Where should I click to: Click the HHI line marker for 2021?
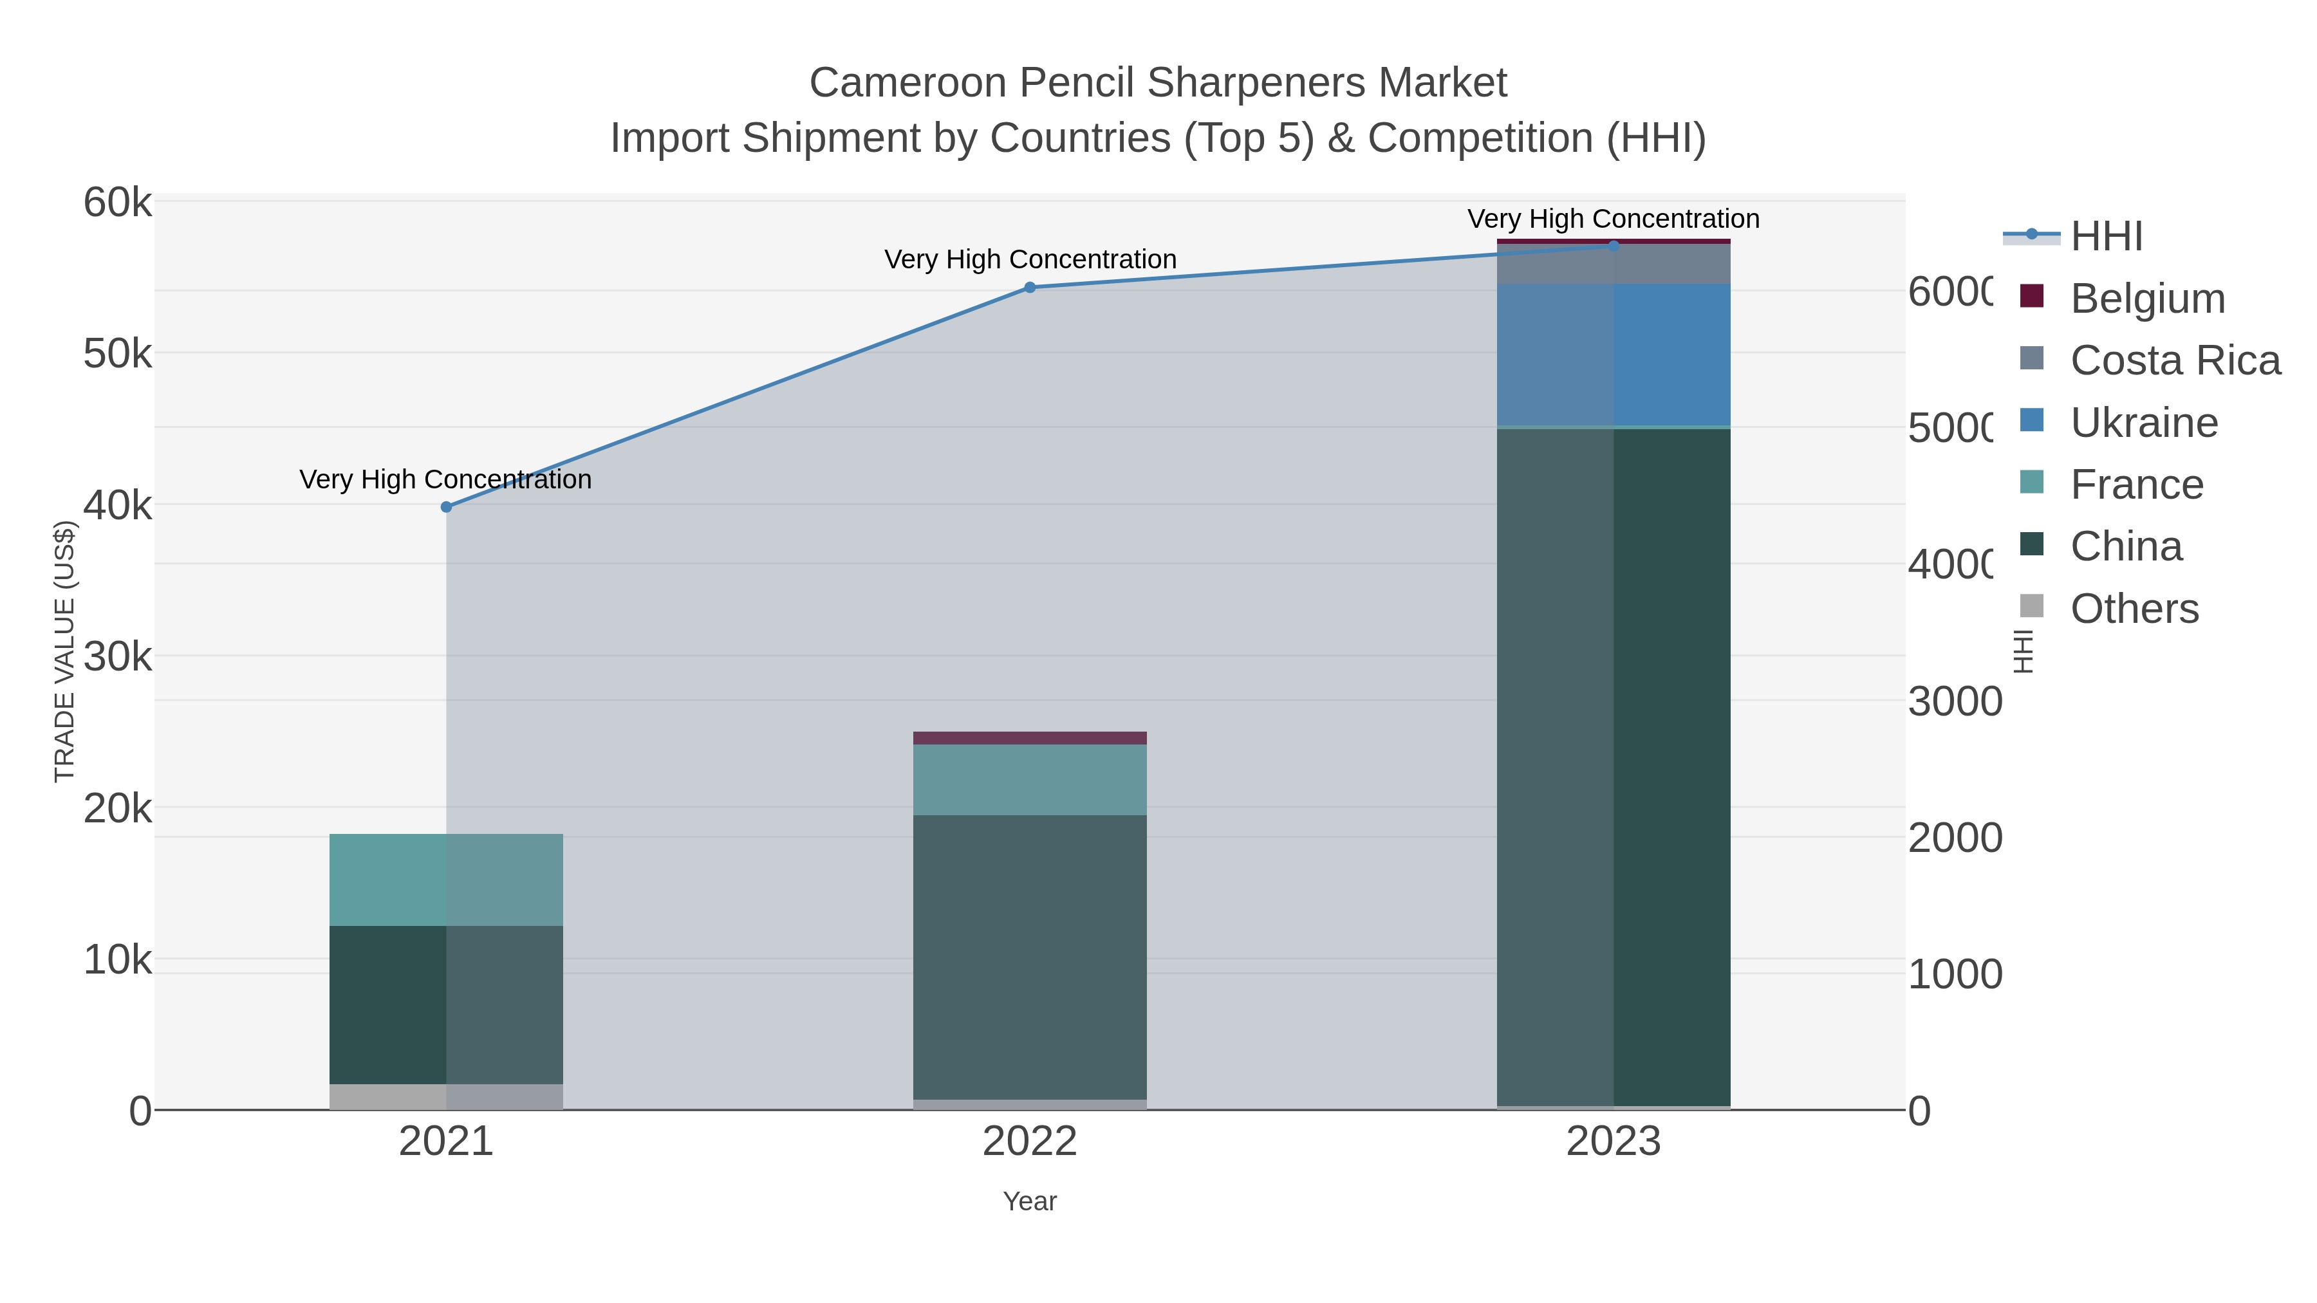446,507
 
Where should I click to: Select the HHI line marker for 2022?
1030,288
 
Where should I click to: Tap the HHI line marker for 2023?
1614,246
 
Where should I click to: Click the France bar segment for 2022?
1030,780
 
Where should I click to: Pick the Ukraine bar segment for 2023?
1614,355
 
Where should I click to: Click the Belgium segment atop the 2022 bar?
1030,738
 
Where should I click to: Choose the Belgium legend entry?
2147,299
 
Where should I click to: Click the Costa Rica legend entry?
2175,360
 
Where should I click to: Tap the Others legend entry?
2134,609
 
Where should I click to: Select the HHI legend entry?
2106,237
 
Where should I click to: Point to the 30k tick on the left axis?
118,658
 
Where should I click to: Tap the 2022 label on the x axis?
1030,1142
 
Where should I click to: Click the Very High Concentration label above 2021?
446,479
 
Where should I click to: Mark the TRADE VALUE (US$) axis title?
65,651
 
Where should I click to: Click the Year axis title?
1030,1201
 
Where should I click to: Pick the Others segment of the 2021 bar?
446,1097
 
